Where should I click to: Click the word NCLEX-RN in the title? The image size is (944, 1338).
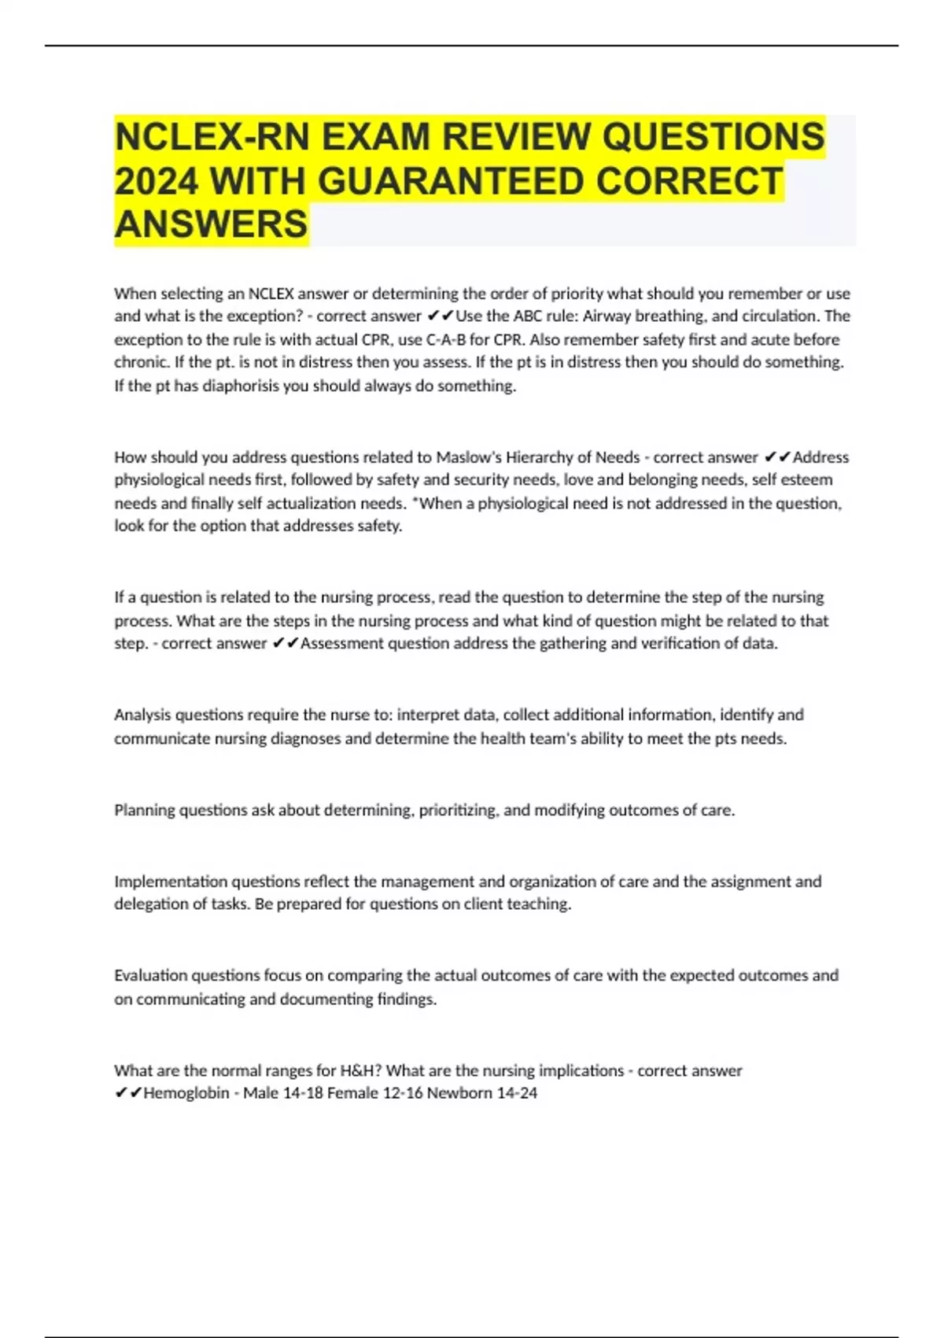[x=211, y=137]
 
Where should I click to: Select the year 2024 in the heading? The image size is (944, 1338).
[x=155, y=181]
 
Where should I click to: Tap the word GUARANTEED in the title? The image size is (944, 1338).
[x=451, y=181]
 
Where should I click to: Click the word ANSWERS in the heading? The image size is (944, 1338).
[x=211, y=224]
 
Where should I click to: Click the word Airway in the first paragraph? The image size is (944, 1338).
[x=607, y=316]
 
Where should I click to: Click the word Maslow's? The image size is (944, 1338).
[x=469, y=457]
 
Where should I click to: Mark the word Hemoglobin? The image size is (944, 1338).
[x=186, y=1093]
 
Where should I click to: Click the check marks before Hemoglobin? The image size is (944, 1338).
[x=128, y=1093]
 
